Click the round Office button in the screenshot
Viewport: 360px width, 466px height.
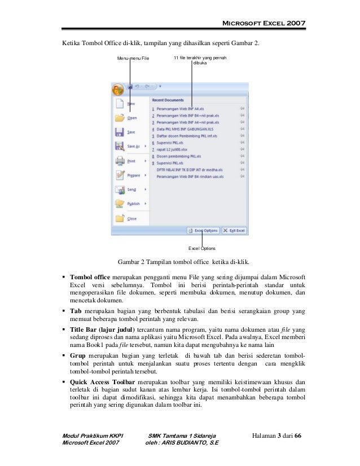[118, 89]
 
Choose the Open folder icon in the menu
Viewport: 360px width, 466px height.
[119, 118]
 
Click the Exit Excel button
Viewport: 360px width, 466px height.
[234, 230]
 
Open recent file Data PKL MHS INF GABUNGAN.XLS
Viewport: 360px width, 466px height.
[185, 129]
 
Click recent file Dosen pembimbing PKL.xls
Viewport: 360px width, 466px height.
[180, 156]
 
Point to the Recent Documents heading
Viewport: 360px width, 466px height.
[168, 100]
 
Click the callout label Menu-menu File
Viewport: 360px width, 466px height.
[133, 59]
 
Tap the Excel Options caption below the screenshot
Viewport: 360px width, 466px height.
[201, 248]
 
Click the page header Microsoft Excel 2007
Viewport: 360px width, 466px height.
[264, 23]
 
